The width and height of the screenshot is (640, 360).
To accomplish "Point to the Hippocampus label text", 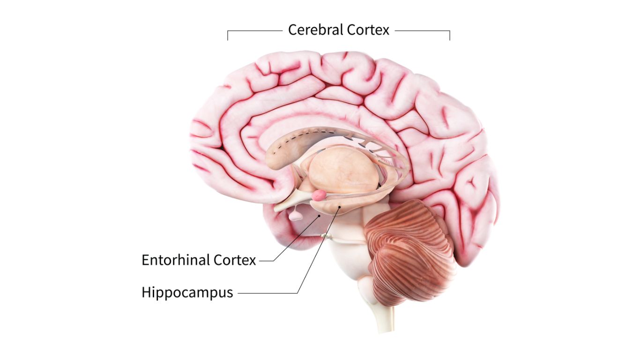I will [x=187, y=292].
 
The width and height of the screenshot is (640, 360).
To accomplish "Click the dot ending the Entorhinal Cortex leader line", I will [x=320, y=216].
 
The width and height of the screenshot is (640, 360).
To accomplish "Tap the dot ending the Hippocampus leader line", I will [x=339, y=206].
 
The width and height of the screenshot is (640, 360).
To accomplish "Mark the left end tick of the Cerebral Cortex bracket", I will [x=228, y=36].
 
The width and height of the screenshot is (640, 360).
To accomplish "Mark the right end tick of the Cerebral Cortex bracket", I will [x=450, y=36].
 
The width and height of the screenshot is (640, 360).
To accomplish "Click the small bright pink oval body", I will [x=320, y=195].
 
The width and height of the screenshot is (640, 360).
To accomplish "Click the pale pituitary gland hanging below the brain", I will [x=296, y=216].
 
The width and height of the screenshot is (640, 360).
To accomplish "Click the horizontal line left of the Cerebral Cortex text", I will [x=255, y=31].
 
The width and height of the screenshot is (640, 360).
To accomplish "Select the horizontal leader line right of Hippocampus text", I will [x=267, y=293].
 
